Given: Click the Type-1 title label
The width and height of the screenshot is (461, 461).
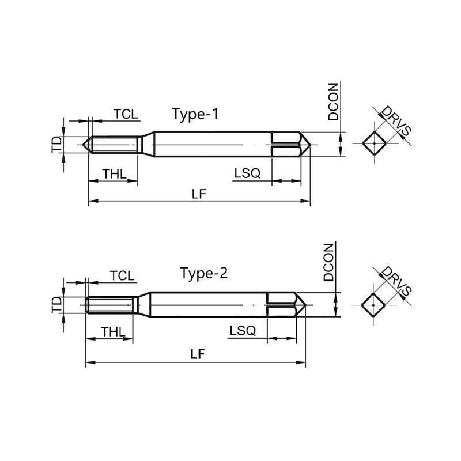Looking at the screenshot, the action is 195,114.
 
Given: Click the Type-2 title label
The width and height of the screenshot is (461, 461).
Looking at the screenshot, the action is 204,273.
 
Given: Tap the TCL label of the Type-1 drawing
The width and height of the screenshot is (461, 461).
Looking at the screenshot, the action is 126,114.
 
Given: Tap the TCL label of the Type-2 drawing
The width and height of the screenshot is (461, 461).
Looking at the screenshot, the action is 122,276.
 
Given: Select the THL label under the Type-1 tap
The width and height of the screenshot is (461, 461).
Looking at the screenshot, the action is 114,174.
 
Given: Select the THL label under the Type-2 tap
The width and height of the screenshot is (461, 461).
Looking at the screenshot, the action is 114,332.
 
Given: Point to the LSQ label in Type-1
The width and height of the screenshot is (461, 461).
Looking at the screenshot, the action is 247,173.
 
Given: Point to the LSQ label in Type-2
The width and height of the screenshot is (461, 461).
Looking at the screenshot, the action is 243,331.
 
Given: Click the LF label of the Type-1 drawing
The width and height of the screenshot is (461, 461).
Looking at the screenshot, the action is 199,194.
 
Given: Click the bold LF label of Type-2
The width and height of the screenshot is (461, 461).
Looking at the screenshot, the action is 197,354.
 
